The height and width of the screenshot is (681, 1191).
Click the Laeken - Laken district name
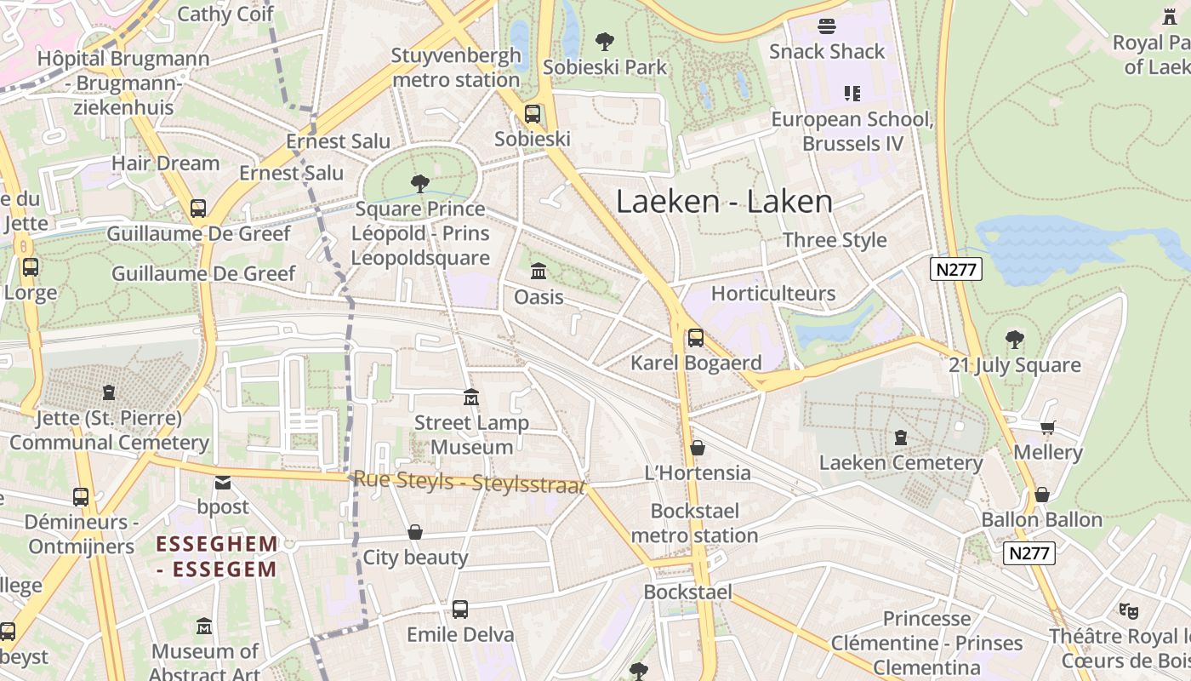724,202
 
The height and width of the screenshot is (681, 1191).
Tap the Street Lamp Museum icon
470,398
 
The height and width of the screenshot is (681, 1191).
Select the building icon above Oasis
539,272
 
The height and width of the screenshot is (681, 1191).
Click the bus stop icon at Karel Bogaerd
696,338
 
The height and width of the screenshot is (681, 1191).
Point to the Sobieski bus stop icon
533,113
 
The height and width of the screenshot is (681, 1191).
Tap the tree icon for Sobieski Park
605,41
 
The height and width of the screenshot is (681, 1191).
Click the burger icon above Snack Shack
826,26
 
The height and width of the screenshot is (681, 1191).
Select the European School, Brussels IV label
852,131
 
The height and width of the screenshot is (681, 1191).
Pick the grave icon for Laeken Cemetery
901,438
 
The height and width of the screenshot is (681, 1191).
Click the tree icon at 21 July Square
1014,340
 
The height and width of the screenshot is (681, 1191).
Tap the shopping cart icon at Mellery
1047,427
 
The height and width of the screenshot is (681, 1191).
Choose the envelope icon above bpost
223,483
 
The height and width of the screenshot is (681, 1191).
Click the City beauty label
415,558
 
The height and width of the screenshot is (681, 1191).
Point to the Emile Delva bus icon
460,609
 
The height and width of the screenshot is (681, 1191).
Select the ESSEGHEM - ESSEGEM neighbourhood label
218,557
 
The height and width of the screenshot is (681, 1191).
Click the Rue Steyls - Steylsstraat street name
469,483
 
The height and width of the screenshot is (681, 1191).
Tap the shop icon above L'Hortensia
698,448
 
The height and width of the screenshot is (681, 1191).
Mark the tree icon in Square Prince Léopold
419,183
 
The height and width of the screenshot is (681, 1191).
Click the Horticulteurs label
773,294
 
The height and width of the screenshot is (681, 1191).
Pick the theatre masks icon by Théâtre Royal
1129,609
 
